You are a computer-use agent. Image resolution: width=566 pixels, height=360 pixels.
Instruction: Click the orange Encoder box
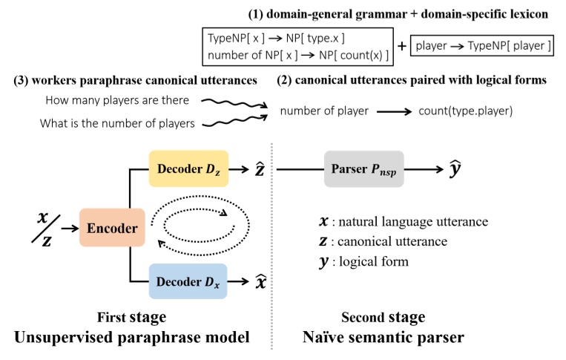[112, 227]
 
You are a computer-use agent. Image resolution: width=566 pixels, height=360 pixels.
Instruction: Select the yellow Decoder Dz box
[188, 168]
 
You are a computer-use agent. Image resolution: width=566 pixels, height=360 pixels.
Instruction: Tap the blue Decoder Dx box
[188, 281]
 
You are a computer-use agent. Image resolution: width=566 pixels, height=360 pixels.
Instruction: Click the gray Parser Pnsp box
[363, 169]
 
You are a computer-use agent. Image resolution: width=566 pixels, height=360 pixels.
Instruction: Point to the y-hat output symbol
[455, 168]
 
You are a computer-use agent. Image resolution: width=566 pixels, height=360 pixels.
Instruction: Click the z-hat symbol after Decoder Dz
[260, 168]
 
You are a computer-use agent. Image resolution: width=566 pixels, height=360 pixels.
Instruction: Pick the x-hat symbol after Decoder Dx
[260, 281]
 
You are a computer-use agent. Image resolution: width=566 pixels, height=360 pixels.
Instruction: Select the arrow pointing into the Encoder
[70, 228]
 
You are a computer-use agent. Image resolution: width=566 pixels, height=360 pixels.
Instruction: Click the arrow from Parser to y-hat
[424, 169]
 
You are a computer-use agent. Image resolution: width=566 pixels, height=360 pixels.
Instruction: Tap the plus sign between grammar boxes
[402, 46]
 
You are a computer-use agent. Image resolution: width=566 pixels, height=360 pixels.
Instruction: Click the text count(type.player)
[465, 111]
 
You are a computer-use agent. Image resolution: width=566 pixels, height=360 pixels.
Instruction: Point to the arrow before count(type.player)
[394, 111]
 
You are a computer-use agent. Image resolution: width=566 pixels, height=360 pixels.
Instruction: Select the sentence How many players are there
[117, 100]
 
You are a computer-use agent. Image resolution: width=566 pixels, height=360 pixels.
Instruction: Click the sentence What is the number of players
[117, 123]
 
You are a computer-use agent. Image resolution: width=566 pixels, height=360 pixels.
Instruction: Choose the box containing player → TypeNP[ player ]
[482, 45]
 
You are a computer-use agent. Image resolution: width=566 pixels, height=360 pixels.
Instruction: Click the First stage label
[132, 317]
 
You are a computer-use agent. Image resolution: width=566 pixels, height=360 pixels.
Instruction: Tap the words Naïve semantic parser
[384, 337]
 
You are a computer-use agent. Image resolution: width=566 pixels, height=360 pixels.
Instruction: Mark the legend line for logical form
[363, 261]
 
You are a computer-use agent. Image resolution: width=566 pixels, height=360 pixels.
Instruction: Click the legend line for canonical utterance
[384, 241]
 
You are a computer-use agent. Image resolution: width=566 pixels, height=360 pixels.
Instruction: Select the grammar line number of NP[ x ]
[298, 55]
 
